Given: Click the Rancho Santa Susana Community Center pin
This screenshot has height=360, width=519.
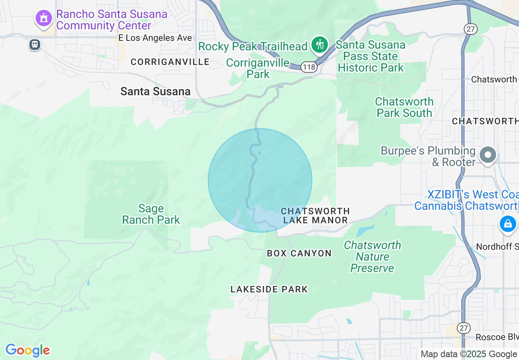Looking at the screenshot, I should pyautogui.click(x=43, y=18).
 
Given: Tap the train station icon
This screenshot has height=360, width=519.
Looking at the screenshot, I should pyautogui.click(x=35, y=44).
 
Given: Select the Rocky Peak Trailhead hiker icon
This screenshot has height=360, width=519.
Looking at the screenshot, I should pyautogui.click(x=319, y=45).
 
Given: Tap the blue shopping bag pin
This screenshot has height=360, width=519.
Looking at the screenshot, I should pyautogui.click(x=508, y=224).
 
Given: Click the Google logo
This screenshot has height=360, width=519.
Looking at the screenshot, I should pyautogui.click(x=27, y=350).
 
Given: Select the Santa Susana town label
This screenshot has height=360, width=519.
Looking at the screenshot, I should pyautogui.click(x=155, y=92).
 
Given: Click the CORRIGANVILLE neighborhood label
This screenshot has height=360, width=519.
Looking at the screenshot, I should pyautogui.click(x=170, y=62).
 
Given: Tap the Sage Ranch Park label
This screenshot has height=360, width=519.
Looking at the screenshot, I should pyautogui.click(x=151, y=214).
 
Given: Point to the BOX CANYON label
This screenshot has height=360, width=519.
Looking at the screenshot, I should pyautogui.click(x=299, y=254).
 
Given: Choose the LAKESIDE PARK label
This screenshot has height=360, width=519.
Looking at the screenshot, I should pyautogui.click(x=269, y=290).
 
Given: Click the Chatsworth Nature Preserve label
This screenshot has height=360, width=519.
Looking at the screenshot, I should pyautogui.click(x=372, y=256).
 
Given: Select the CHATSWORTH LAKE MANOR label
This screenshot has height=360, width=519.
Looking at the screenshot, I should pyautogui.click(x=316, y=216).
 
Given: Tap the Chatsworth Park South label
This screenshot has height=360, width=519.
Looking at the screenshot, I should pyautogui.click(x=404, y=107).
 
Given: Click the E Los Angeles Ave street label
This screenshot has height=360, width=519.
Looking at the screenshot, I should pyautogui.click(x=155, y=38).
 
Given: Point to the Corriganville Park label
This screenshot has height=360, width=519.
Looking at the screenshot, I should pyautogui.click(x=258, y=68).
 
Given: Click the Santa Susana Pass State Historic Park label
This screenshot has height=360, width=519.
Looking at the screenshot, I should pyautogui.click(x=371, y=56).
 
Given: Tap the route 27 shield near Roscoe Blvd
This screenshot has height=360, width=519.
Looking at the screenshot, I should pyautogui.click(x=463, y=328).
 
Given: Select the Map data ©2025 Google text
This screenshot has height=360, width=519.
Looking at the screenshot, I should pyautogui.click(x=469, y=354).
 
